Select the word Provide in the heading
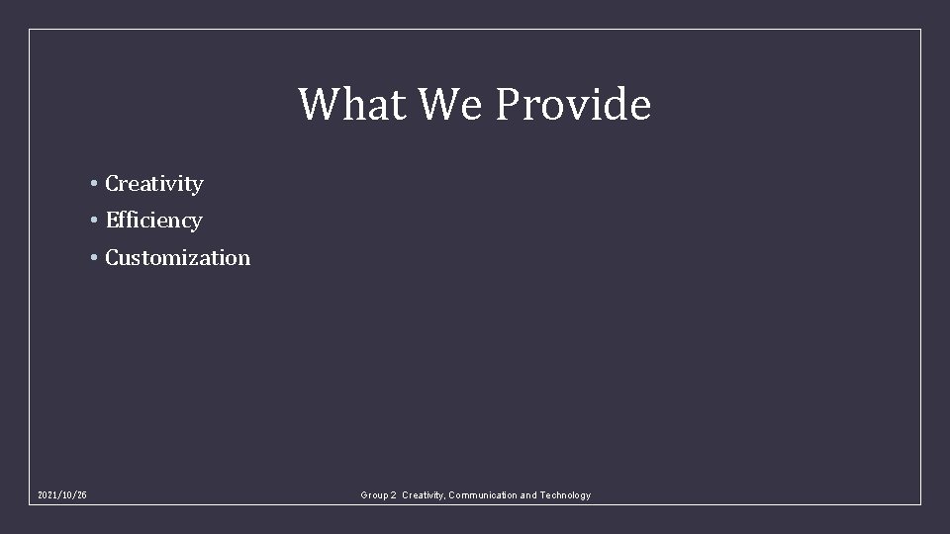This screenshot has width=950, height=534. coord(573,104)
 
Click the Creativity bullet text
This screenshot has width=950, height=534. coord(154,184)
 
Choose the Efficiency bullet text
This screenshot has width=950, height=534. coord(153,221)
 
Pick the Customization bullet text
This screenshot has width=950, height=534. coord(178,258)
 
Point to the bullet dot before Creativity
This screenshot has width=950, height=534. coord(92,184)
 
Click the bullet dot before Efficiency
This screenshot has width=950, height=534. coord(92,221)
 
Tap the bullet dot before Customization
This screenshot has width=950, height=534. coord(92,258)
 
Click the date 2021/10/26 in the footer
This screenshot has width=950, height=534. coord(61,495)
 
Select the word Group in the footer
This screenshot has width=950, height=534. coord(375,495)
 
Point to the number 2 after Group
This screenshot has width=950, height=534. coord(395,495)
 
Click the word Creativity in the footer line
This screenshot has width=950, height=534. coord(424,495)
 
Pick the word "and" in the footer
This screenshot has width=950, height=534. coord(528,495)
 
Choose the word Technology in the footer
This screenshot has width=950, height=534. coord(565,495)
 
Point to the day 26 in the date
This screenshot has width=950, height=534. coord(80,495)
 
